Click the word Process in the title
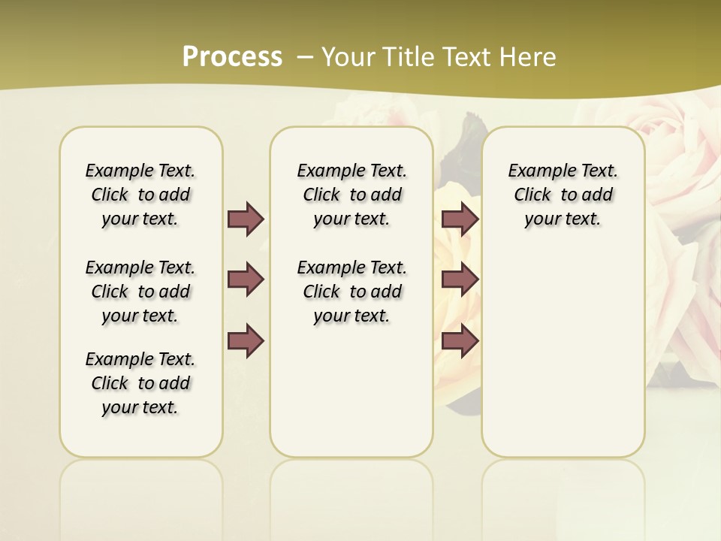click(x=232, y=57)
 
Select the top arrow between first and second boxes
click(x=246, y=219)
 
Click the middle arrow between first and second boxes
click(x=246, y=280)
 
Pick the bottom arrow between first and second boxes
click(x=246, y=340)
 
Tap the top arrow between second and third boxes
click(x=460, y=219)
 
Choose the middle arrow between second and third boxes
click(x=460, y=280)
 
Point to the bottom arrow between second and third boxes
click(x=460, y=340)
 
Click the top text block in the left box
click(x=140, y=195)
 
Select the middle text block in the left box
click(x=140, y=292)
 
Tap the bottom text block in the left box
click(x=140, y=383)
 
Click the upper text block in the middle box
click(x=351, y=195)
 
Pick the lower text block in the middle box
click(x=351, y=292)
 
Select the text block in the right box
click(x=563, y=195)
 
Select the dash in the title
click(x=304, y=57)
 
